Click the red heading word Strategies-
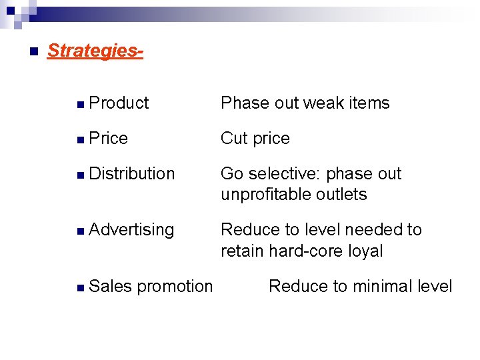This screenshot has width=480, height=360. point(95,51)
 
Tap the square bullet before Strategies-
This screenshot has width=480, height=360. point(33,51)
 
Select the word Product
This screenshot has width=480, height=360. point(119,103)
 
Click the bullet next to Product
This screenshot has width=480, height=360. point(80,104)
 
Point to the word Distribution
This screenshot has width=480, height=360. point(131,173)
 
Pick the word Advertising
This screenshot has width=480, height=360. point(131,229)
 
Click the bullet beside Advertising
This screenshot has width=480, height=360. point(80,231)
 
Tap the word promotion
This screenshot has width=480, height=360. point(175,287)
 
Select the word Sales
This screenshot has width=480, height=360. point(111,286)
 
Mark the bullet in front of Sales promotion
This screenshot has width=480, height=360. point(80,287)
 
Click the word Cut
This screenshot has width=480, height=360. point(234,138)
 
